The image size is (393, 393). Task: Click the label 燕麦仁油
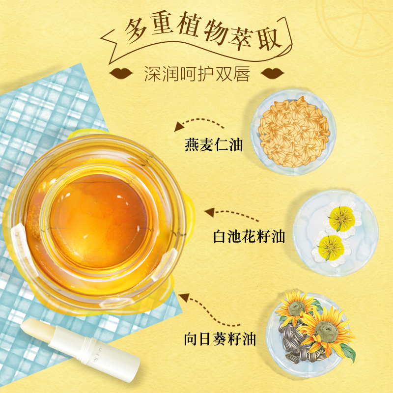214,144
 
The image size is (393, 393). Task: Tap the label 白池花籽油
249,236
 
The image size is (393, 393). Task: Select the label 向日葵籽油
220,339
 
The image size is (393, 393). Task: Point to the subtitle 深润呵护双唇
197,74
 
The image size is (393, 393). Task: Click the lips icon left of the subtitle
121,73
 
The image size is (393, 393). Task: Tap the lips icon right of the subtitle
273,73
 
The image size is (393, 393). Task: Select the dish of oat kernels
293,132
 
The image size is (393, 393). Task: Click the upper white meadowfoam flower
342,219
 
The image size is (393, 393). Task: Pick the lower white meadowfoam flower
331,248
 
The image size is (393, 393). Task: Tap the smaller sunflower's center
297,308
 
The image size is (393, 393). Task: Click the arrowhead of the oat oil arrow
179,127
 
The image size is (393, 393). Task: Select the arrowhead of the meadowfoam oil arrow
210,212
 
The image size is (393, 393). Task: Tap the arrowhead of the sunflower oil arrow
184,297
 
